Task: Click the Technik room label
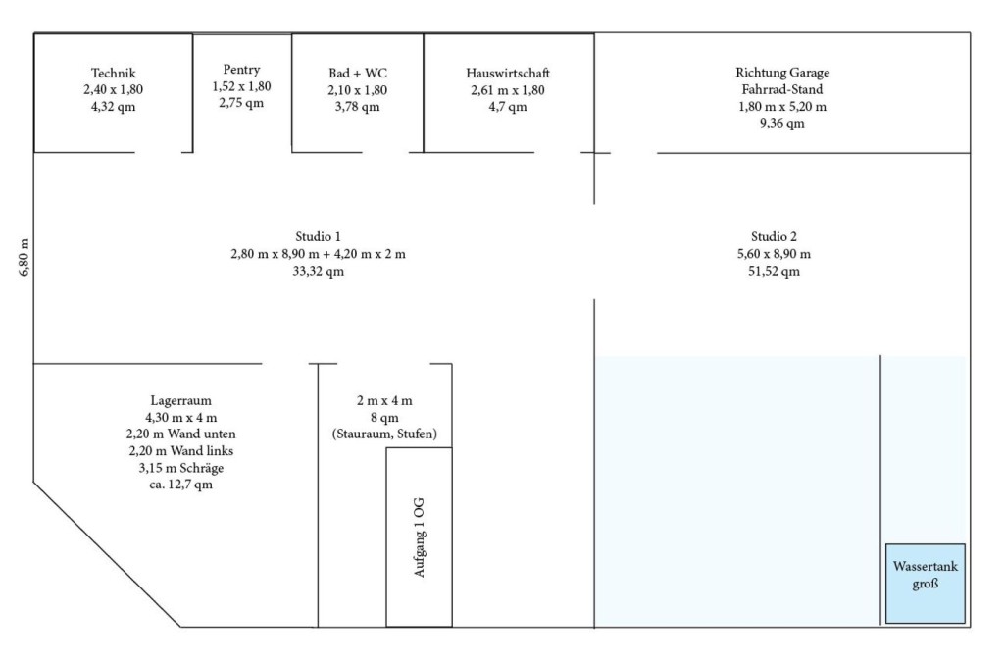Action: point(114,73)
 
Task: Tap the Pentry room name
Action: point(241,70)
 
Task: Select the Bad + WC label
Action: point(358,73)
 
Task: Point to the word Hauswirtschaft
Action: point(508,73)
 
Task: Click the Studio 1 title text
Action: point(319,236)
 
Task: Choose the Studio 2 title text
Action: point(775,236)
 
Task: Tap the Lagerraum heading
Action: point(181,400)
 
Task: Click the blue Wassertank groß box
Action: point(926,584)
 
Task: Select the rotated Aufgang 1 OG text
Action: point(420,537)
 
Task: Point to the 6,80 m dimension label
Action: point(25,258)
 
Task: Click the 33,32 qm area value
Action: point(319,271)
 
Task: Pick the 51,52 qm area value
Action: point(775,271)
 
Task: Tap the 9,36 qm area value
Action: point(782,123)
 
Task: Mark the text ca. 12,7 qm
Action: point(181,484)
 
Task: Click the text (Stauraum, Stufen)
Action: point(384,433)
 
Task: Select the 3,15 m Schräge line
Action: point(181,468)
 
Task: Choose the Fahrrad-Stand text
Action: point(782,89)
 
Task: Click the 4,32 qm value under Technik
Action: point(114,106)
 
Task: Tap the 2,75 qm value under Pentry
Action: point(241,103)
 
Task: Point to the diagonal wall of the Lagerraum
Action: point(108,555)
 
